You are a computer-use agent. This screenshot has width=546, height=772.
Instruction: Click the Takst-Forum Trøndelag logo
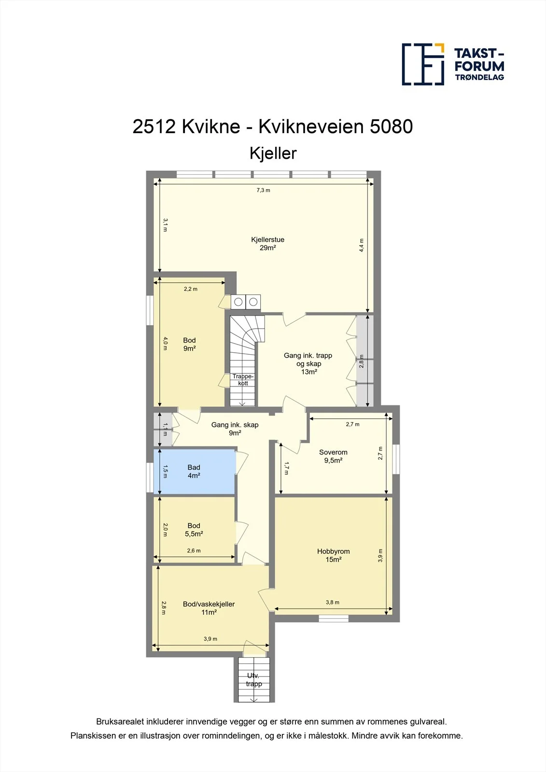(453, 65)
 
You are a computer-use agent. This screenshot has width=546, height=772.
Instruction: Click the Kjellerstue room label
(267, 244)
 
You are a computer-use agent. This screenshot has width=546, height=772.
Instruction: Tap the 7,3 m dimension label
(263, 190)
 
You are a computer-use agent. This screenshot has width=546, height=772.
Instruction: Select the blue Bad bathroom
(195, 471)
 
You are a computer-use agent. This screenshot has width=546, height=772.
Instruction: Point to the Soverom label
(333, 456)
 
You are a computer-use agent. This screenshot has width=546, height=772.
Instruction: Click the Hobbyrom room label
(334, 555)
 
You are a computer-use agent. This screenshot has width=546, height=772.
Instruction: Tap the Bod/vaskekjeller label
(209, 608)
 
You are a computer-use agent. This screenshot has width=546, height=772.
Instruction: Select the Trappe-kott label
(243, 379)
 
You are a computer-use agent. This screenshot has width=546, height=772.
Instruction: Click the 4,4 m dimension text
(362, 246)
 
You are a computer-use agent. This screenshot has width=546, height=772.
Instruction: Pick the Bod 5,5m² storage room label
(194, 530)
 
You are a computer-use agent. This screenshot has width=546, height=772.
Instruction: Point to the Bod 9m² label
(189, 345)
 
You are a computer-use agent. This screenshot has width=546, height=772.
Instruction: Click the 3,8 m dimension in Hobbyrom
(333, 603)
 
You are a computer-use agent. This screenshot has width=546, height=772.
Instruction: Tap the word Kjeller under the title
(273, 153)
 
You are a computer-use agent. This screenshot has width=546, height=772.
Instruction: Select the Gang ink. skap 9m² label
(235, 429)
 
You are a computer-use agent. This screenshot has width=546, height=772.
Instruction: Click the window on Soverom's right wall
(396, 459)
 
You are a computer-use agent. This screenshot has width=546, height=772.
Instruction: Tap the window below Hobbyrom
(334, 619)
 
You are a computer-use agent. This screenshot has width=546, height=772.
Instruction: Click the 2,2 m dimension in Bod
(190, 289)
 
